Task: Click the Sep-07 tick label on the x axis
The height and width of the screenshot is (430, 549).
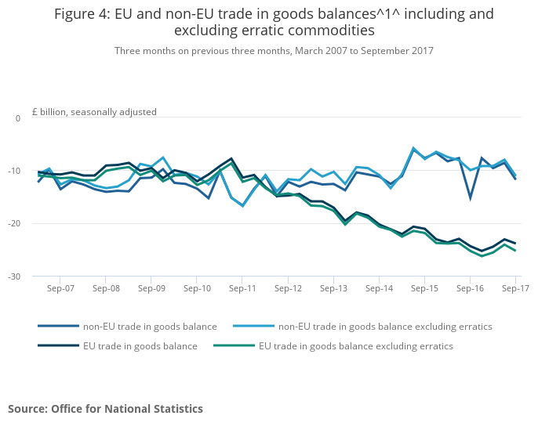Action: (60, 288)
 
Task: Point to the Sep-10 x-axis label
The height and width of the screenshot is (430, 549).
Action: (197, 288)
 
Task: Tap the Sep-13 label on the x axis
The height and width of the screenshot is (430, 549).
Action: (333, 288)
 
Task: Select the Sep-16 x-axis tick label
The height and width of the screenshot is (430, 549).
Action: (470, 288)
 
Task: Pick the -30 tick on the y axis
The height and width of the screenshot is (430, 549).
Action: (14, 276)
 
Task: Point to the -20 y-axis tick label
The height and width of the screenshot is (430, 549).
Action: (14, 223)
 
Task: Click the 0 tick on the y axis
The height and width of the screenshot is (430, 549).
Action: (18, 117)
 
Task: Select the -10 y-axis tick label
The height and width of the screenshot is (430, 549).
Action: (14, 171)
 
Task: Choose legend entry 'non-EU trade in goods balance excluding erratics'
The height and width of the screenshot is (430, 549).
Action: (386, 326)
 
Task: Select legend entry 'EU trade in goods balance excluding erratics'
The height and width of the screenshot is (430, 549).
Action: (356, 345)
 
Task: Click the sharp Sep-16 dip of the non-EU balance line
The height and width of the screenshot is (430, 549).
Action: (470, 198)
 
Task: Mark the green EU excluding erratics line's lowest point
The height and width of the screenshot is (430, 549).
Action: (482, 256)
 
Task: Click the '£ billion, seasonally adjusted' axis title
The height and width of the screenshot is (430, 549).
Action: (94, 112)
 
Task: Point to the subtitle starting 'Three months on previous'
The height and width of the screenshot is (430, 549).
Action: (274, 50)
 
